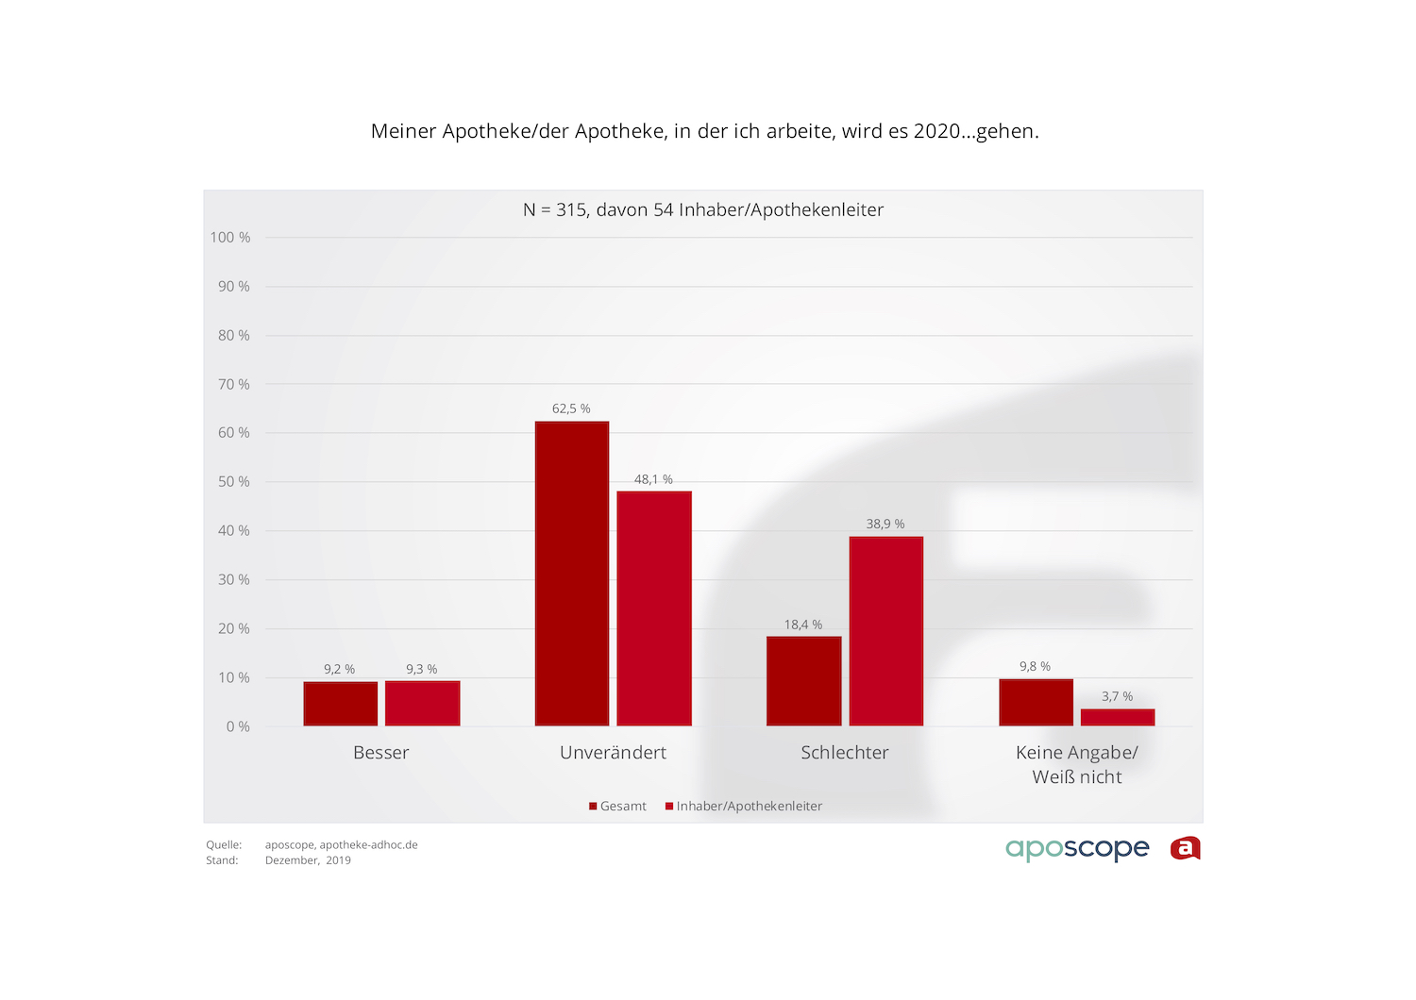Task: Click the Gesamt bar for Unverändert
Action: [x=572, y=574]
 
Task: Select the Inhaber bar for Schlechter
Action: [x=885, y=631]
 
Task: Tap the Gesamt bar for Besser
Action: [x=340, y=704]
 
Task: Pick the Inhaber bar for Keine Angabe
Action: [x=1118, y=717]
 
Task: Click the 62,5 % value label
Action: [x=571, y=408]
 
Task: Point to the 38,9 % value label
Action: [x=885, y=524]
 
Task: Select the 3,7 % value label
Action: [x=1117, y=696]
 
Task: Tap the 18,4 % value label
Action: [x=803, y=625]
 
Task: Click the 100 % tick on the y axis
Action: [x=230, y=237]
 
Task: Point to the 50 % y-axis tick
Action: [x=233, y=481]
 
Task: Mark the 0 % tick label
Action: [x=238, y=726]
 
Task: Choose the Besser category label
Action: [x=381, y=753]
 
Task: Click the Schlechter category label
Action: [x=845, y=753]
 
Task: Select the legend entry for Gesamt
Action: [x=618, y=806]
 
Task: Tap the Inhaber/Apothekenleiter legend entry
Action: [x=745, y=806]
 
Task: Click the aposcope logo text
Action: [x=1077, y=848]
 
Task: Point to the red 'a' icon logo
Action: [x=1185, y=848]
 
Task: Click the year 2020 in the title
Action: [x=936, y=131]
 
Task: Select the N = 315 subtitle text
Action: [x=703, y=209]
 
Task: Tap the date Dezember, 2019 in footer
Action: [x=308, y=860]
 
